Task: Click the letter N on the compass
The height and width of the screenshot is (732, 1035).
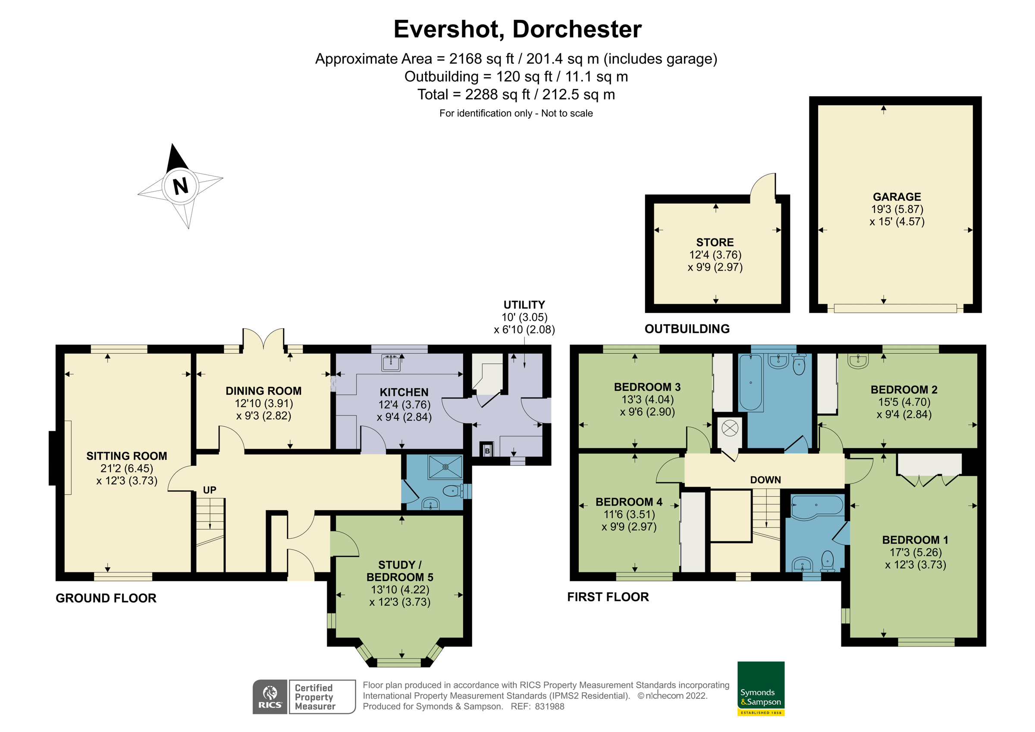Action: pos(180,186)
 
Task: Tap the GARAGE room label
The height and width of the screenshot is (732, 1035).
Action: pos(897,197)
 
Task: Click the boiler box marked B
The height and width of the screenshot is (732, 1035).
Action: pos(487,451)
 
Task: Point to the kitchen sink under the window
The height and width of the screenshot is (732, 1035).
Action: pos(391,363)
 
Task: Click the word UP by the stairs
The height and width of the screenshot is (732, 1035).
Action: pos(210,490)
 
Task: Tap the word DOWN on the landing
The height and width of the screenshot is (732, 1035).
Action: pos(765,480)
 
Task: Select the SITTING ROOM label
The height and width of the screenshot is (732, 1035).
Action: pos(127,456)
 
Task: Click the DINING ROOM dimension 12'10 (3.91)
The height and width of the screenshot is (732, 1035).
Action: pos(263,403)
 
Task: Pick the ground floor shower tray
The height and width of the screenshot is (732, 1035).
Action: pos(445,467)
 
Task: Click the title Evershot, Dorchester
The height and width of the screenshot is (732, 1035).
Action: pos(517,29)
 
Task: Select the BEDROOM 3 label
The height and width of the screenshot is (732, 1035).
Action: pos(647,387)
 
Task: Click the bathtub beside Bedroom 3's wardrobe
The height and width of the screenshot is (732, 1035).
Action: pos(750,383)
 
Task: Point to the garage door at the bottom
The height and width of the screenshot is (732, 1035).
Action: pos(895,308)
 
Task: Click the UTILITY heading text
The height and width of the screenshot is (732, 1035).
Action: pos(524,305)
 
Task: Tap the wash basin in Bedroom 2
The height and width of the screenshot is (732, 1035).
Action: pos(858,361)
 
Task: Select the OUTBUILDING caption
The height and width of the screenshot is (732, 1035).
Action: pos(687,329)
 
